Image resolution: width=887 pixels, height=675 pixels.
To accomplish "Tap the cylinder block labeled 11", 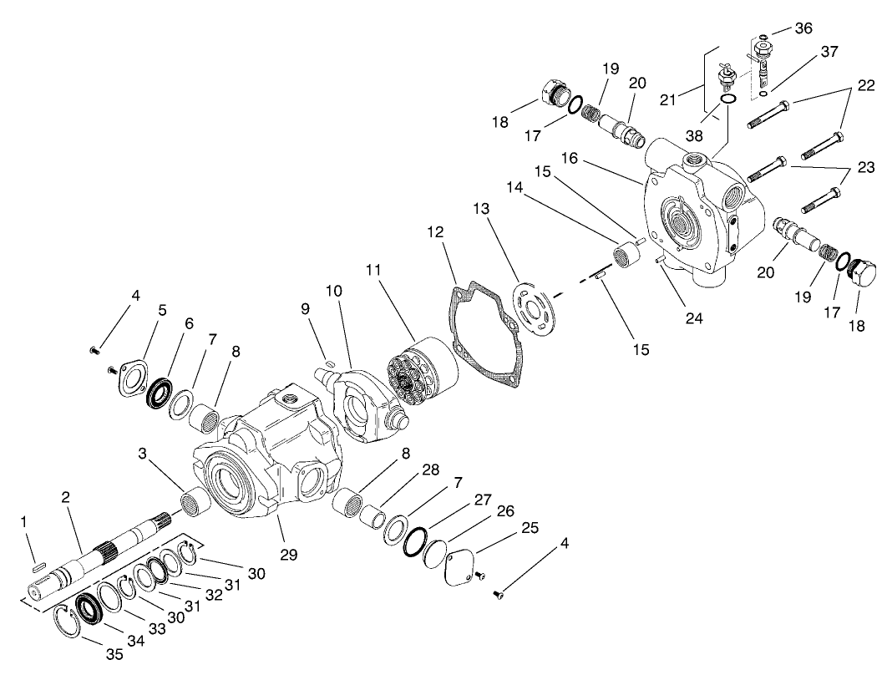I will point(422,371).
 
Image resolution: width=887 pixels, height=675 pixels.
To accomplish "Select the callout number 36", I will point(803,28).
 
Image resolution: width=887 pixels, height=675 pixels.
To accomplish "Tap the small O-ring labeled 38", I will point(727,100).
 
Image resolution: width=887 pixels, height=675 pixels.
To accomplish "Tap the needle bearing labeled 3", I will point(194,504).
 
